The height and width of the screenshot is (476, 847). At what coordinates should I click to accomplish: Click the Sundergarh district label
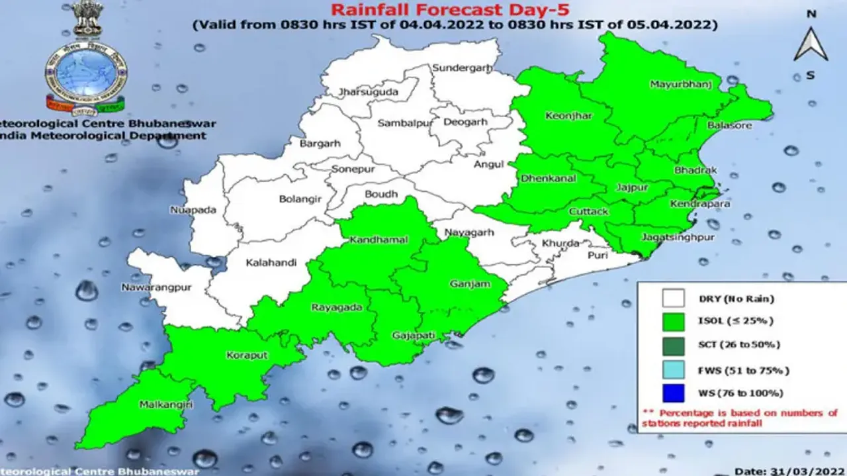pyautogui.click(x=458, y=68)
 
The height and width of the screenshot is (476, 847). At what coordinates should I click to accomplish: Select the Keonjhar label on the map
pyautogui.click(x=568, y=116)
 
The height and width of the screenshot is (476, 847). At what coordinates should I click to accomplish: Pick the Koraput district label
pyautogui.click(x=247, y=356)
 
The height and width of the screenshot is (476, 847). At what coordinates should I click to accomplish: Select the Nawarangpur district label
pyautogui.click(x=153, y=287)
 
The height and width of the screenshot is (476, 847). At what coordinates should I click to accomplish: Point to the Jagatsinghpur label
pyautogui.click(x=669, y=236)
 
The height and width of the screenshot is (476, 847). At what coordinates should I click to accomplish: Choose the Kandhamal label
pyautogui.click(x=379, y=240)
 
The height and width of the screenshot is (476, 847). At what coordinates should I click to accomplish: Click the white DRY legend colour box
pyautogui.click(x=673, y=299)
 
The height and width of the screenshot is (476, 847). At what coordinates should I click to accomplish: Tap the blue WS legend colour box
pyautogui.click(x=673, y=393)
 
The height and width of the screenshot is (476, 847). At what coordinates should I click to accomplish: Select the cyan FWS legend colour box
pyautogui.click(x=673, y=369)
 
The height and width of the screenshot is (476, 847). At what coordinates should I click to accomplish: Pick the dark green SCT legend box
pyautogui.click(x=673, y=345)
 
